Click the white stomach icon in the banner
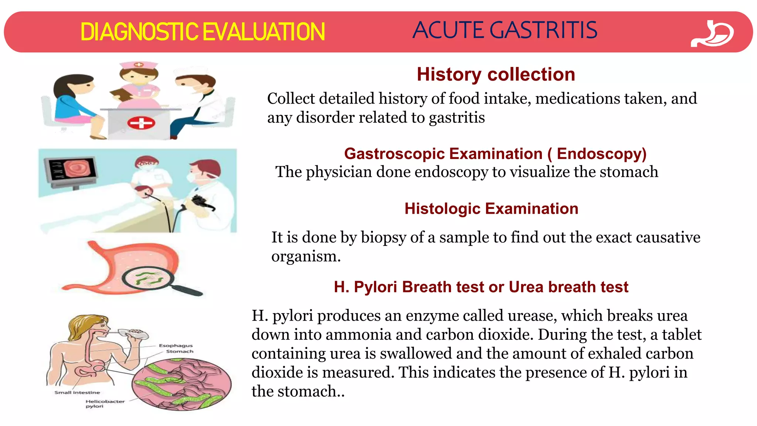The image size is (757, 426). click(713, 34)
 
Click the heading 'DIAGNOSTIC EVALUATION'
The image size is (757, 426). click(203, 32)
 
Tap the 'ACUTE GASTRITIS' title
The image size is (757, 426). click(505, 30)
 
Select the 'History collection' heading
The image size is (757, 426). click(496, 74)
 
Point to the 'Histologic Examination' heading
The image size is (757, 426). click(491, 209)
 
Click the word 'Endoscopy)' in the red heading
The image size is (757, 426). click(601, 154)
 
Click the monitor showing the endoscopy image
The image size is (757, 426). click(71, 170)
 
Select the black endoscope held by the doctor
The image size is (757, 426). click(201, 203)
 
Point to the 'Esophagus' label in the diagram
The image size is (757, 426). click(176, 346)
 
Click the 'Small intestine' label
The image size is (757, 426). click(77, 392)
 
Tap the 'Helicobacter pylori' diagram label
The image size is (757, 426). click(105, 404)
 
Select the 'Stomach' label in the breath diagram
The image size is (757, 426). click(180, 352)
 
